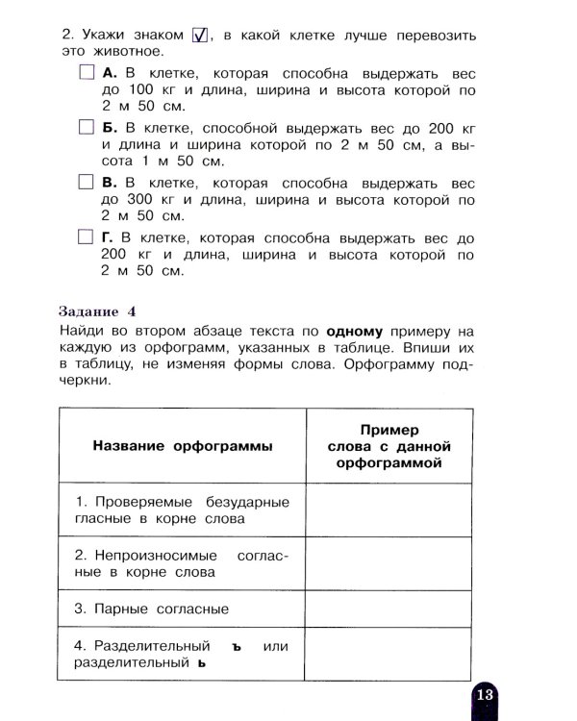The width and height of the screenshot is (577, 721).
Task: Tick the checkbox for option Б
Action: point(86,128)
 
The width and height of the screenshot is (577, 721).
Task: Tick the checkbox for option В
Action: point(86,183)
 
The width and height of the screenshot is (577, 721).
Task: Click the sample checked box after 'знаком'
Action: point(201,35)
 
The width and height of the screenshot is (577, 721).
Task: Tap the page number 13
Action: point(483,694)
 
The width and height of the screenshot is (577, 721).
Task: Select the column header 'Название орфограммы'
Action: point(182,446)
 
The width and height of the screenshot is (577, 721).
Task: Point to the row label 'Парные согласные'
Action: point(151,609)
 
